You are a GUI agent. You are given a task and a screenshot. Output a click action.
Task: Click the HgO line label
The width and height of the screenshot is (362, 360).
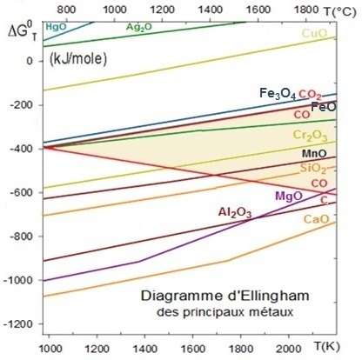pyautogui.click(x=56, y=27)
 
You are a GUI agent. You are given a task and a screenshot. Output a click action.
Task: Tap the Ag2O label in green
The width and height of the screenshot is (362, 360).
pyautogui.click(x=139, y=27)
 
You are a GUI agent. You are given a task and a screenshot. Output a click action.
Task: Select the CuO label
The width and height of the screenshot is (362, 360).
pyautogui.click(x=314, y=33)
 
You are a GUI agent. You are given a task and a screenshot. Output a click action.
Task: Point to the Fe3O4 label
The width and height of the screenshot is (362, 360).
pyautogui.click(x=278, y=94)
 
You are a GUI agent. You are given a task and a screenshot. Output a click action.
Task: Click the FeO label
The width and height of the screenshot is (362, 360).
pyautogui.click(x=324, y=107)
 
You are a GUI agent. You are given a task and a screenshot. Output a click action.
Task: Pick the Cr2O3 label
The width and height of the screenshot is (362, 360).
pyautogui.click(x=310, y=136)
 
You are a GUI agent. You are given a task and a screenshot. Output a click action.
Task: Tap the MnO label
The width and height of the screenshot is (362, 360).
pyautogui.click(x=314, y=153)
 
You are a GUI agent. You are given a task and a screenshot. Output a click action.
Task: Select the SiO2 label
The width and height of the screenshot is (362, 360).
pyautogui.click(x=313, y=169)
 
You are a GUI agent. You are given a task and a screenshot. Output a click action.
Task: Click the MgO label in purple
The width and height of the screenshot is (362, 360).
pyautogui.click(x=289, y=197)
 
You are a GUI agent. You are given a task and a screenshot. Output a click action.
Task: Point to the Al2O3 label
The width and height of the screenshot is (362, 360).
pyautogui.click(x=235, y=213)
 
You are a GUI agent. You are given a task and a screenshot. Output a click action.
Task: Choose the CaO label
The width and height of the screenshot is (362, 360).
pyautogui.click(x=317, y=219)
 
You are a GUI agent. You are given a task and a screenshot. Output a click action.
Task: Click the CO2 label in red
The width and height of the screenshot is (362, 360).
pyautogui.click(x=310, y=95)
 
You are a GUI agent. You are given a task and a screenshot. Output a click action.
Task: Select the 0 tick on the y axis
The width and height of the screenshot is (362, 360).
pyautogui.click(x=30, y=61)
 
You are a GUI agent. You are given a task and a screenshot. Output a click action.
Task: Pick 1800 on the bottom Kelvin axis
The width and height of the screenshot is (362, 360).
pyautogui.click(x=240, y=349)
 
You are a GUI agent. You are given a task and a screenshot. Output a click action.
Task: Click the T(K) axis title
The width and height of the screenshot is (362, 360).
pyautogui.click(x=326, y=346)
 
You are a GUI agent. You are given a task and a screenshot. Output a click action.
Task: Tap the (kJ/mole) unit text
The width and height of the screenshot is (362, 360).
pyautogui.click(x=78, y=59)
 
